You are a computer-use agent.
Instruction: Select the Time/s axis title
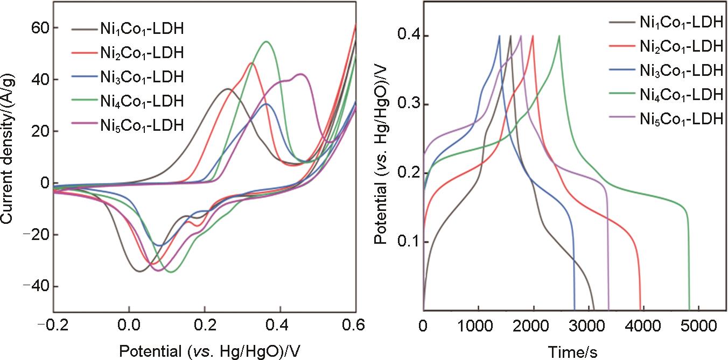coord(573,351)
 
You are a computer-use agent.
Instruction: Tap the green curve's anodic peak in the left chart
coord(266,41)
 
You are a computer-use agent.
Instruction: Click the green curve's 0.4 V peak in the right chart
coord(559,36)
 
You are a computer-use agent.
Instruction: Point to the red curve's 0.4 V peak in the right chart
coord(533,36)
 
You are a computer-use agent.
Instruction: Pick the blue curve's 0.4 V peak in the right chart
coord(500,36)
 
